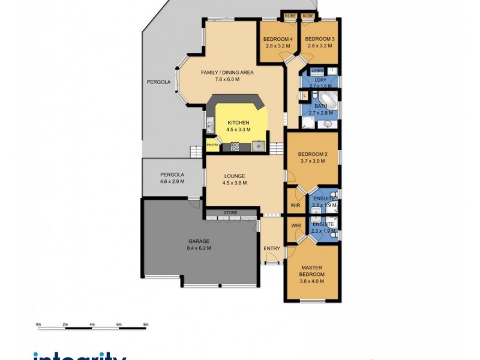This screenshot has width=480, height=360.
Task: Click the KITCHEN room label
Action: tap(238, 122)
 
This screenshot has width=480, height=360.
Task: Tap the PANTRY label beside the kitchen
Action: tap(212, 145)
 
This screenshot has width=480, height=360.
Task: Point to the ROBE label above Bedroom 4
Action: tap(290, 16)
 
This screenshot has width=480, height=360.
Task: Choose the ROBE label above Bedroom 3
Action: tap(308, 16)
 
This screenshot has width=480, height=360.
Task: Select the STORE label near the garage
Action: tap(230, 212)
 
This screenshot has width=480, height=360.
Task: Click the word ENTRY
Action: tap(271, 248)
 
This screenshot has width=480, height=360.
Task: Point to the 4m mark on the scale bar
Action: tap(92, 324)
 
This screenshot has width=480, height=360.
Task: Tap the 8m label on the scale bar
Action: tap(146, 324)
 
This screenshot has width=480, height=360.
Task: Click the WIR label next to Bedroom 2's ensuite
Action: tap(295, 205)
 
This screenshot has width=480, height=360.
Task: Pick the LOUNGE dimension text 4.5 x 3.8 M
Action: tap(235, 183)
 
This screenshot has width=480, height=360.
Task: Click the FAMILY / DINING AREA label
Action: tap(227, 73)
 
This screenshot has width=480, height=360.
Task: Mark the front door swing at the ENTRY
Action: tap(271, 258)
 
